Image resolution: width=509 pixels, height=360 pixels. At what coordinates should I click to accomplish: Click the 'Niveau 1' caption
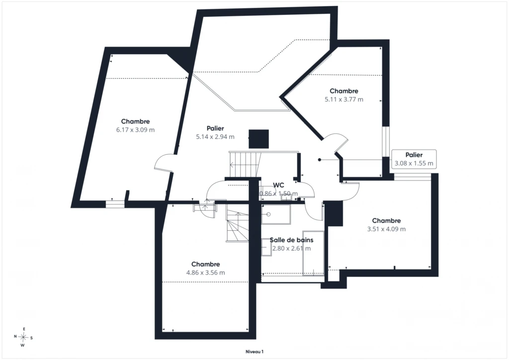click(x=254, y=352)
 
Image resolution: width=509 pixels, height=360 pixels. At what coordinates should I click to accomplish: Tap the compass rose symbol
click(x=23, y=337)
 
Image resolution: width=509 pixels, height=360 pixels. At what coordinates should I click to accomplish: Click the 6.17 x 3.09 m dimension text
click(x=135, y=130)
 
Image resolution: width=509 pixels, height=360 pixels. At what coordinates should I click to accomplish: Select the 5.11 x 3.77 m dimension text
click(x=344, y=99)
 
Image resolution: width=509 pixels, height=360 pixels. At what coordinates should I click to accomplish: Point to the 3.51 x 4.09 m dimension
click(x=386, y=229)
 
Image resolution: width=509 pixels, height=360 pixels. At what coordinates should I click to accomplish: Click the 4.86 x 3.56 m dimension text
click(x=205, y=272)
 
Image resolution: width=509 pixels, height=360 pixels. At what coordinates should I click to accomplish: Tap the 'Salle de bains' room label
click(x=291, y=240)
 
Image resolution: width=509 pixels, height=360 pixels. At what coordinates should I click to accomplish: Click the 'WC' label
click(x=278, y=185)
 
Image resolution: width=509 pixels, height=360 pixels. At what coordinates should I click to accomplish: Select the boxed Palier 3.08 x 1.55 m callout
click(x=414, y=159)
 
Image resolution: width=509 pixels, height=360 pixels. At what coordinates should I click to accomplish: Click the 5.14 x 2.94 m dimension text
click(x=215, y=137)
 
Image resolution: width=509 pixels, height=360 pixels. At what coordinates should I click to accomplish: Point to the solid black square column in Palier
click(x=258, y=139)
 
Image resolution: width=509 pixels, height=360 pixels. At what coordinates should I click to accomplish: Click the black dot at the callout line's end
click(x=320, y=160)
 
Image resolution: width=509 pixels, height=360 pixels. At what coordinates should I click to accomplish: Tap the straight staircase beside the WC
click(x=245, y=165)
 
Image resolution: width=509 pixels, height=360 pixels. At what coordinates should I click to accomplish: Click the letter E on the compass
click(x=24, y=329)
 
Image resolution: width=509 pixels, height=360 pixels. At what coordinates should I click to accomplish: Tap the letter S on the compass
click(x=31, y=338)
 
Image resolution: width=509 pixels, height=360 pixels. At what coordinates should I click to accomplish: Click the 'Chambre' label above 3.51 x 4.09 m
click(x=386, y=221)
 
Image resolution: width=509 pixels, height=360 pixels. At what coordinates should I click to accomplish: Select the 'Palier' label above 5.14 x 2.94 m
click(x=215, y=129)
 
